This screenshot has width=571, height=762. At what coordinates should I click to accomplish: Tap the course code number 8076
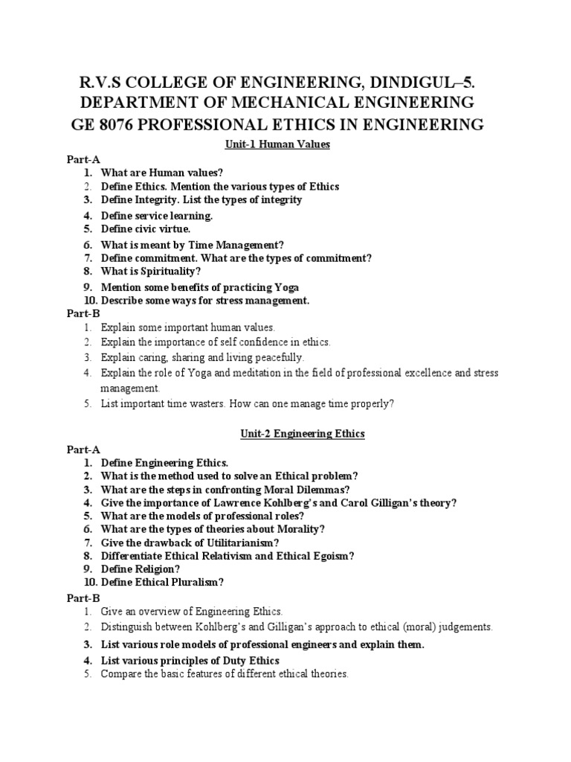coord(132,124)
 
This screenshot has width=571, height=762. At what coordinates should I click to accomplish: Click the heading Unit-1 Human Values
coord(285,144)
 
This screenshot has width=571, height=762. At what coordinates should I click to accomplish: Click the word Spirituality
coord(166,272)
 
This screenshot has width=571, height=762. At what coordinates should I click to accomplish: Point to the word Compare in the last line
coord(120,674)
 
